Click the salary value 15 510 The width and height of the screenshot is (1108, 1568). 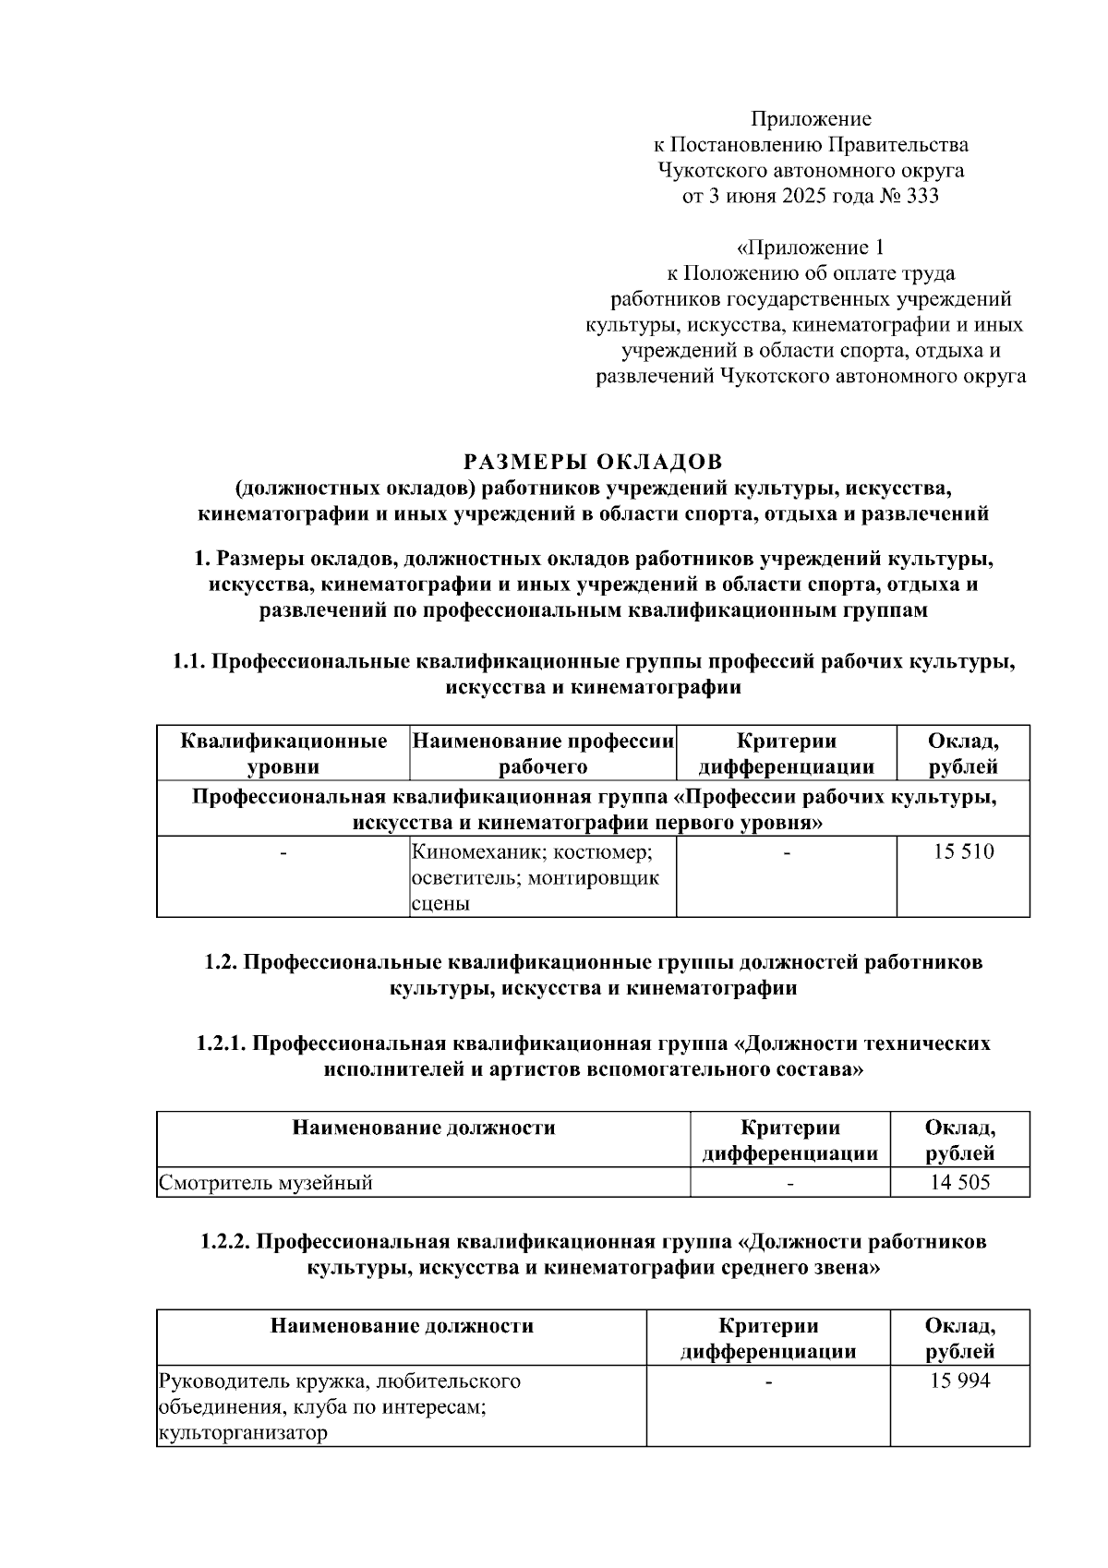(963, 851)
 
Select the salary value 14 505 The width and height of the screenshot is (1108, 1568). (959, 1182)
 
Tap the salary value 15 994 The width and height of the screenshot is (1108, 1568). (959, 1381)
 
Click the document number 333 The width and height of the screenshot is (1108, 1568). (922, 196)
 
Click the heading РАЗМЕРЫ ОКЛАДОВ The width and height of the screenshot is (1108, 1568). (593, 461)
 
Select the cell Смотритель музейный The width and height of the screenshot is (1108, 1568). (266, 1182)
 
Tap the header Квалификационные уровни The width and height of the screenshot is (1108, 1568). (283, 754)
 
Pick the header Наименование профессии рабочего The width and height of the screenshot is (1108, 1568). (543, 754)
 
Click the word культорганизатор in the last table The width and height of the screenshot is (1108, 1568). (243, 1433)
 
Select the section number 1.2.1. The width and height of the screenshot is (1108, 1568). (221, 1043)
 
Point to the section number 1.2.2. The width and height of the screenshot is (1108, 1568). (225, 1242)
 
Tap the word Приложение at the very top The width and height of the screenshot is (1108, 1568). (811, 118)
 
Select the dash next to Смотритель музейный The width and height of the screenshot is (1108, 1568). (790, 1183)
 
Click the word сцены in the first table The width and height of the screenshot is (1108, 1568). (440, 904)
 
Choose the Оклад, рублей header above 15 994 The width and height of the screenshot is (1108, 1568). (959, 1339)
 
